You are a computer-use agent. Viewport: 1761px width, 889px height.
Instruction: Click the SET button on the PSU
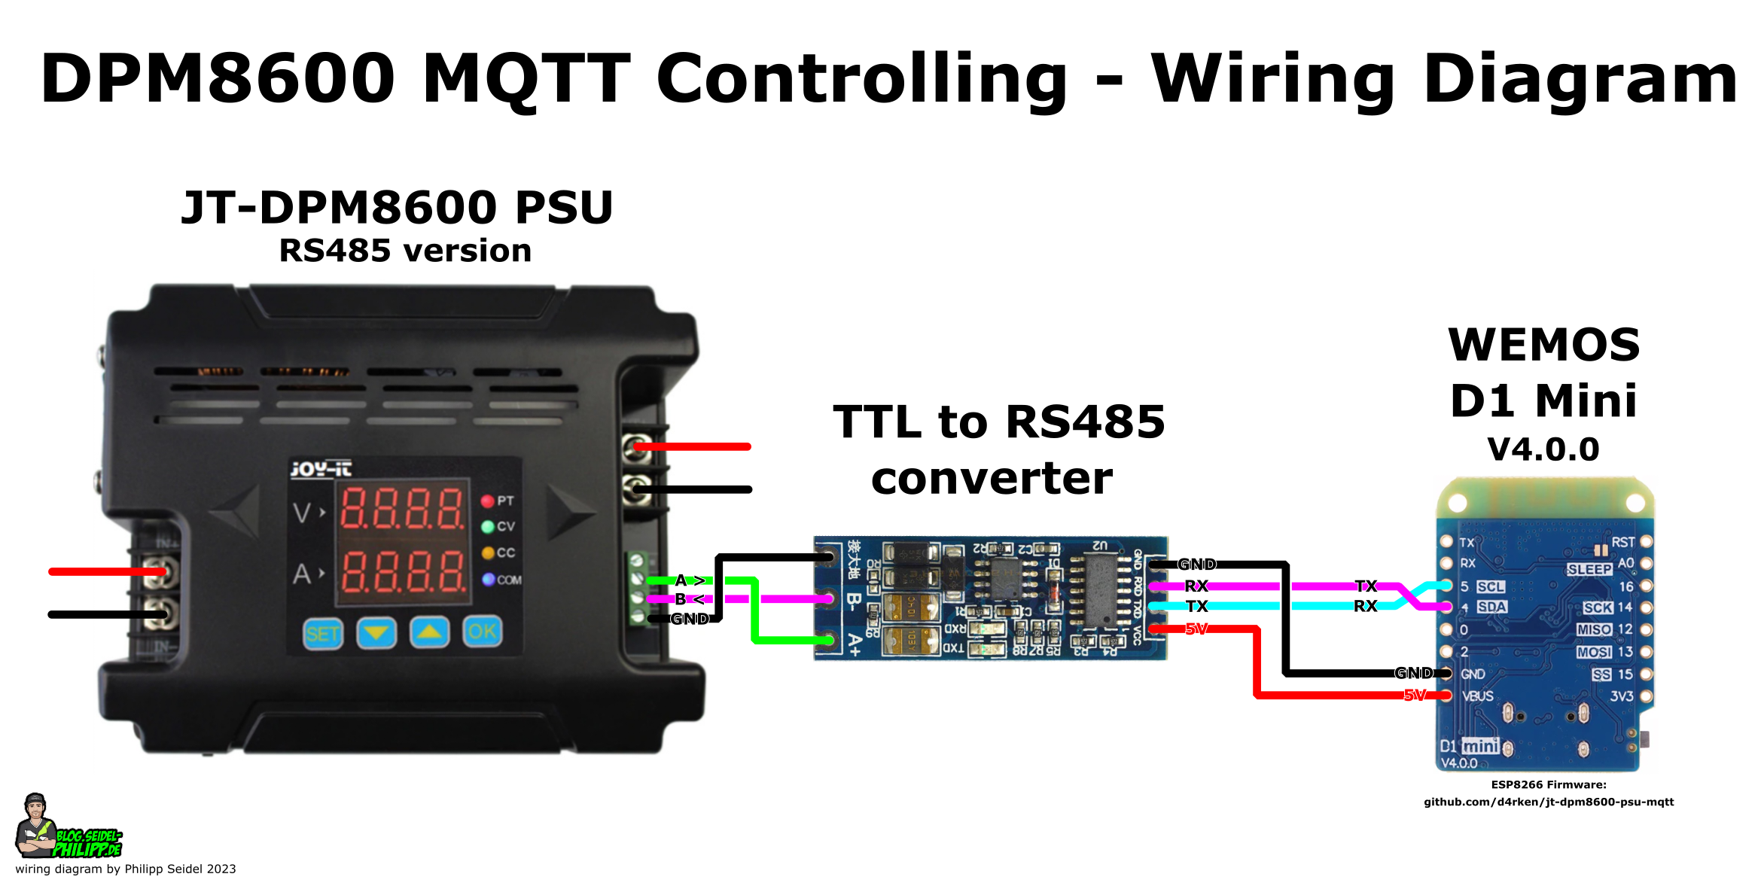coord(322,634)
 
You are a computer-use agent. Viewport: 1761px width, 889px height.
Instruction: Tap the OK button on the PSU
coord(482,632)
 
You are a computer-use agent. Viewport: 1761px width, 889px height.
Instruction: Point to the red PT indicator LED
coord(487,501)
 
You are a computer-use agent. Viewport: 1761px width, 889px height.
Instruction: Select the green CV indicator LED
coord(487,527)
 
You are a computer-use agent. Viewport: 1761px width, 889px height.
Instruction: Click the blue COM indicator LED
coord(488,579)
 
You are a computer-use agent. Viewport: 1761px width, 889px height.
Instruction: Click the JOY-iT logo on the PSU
coord(321,470)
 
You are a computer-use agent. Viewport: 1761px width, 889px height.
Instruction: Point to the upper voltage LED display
coord(402,507)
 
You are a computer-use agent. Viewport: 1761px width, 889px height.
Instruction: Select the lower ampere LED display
coord(402,571)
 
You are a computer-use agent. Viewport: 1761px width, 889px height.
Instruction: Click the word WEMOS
coord(1543,346)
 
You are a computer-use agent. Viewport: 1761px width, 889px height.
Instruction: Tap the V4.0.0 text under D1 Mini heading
coord(1543,449)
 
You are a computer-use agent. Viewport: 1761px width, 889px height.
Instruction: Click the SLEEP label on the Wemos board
coord(1589,569)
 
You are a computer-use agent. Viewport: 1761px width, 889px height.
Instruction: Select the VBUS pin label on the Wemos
coord(1477,696)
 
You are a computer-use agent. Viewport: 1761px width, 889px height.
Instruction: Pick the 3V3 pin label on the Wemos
coord(1622,696)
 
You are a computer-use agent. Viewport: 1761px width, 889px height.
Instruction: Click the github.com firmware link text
coord(1548,802)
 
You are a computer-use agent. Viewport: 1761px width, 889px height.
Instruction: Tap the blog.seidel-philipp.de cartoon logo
coord(68,828)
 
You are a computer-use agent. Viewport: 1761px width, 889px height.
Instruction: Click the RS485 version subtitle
coord(405,251)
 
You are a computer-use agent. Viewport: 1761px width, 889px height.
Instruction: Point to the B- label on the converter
coord(854,601)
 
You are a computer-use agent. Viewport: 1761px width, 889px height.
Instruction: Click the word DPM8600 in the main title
coord(218,78)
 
